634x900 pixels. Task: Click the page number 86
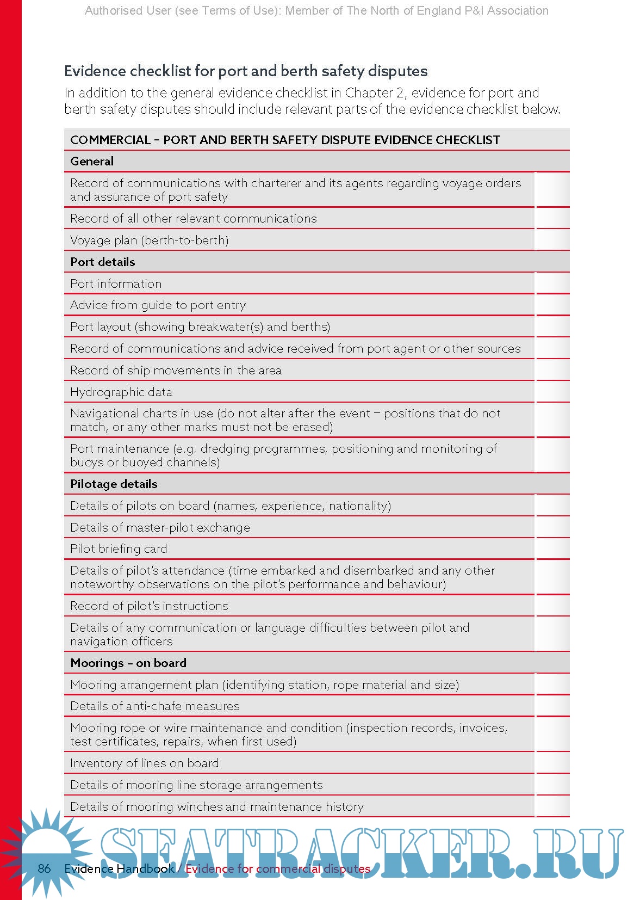[44, 868]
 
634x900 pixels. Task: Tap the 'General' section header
[92, 162]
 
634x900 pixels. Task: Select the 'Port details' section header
[103, 262]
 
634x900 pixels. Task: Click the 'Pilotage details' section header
[114, 484]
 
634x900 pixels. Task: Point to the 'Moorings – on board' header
[128, 663]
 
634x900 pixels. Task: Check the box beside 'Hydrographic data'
[552, 392]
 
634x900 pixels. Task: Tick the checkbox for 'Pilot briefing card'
[552, 549]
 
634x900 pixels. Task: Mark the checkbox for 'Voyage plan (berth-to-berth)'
[552, 241]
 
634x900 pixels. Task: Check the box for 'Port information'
[552, 284]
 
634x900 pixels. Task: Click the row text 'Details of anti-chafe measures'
[155, 706]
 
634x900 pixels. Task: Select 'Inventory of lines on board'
[145, 763]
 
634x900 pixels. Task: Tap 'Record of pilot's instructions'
[149, 606]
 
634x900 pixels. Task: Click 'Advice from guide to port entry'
[158, 305]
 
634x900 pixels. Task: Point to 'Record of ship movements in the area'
[176, 371]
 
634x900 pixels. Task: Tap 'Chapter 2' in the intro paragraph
[374, 93]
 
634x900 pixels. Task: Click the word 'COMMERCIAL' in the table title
[110, 140]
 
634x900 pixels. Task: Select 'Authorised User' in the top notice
[128, 11]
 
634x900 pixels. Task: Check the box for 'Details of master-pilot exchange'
[552, 528]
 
